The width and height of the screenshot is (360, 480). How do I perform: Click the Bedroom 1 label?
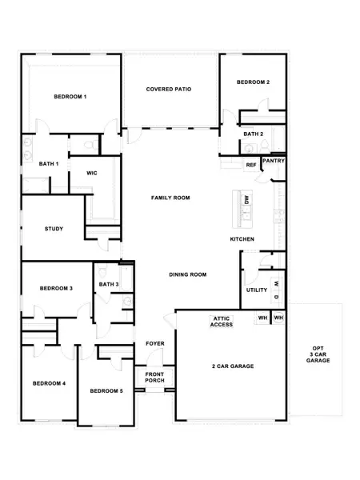(70, 97)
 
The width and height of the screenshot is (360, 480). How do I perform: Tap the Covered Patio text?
(168, 89)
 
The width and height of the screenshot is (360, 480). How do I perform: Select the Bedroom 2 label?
(253, 82)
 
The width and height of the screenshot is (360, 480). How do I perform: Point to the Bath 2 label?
(254, 134)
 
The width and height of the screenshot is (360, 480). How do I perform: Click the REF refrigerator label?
(250, 166)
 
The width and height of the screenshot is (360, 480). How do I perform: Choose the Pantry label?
(274, 161)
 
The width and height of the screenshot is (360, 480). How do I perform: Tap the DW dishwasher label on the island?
(247, 200)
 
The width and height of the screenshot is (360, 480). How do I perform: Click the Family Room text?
(170, 197)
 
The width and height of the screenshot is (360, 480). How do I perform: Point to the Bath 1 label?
(49, 164)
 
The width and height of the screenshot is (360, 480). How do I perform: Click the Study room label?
(54, 230)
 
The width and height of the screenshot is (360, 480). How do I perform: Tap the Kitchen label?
(242, 239)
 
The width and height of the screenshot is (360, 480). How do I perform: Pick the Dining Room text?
(188, 274)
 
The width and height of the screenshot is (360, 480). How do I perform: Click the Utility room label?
(256, 290)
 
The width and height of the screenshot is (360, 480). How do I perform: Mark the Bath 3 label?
(109, 284)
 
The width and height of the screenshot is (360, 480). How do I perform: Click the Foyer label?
(154, 343)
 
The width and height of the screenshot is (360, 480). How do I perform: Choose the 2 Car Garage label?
(233, 366)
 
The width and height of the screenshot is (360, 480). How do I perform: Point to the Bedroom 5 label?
(106, 390)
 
